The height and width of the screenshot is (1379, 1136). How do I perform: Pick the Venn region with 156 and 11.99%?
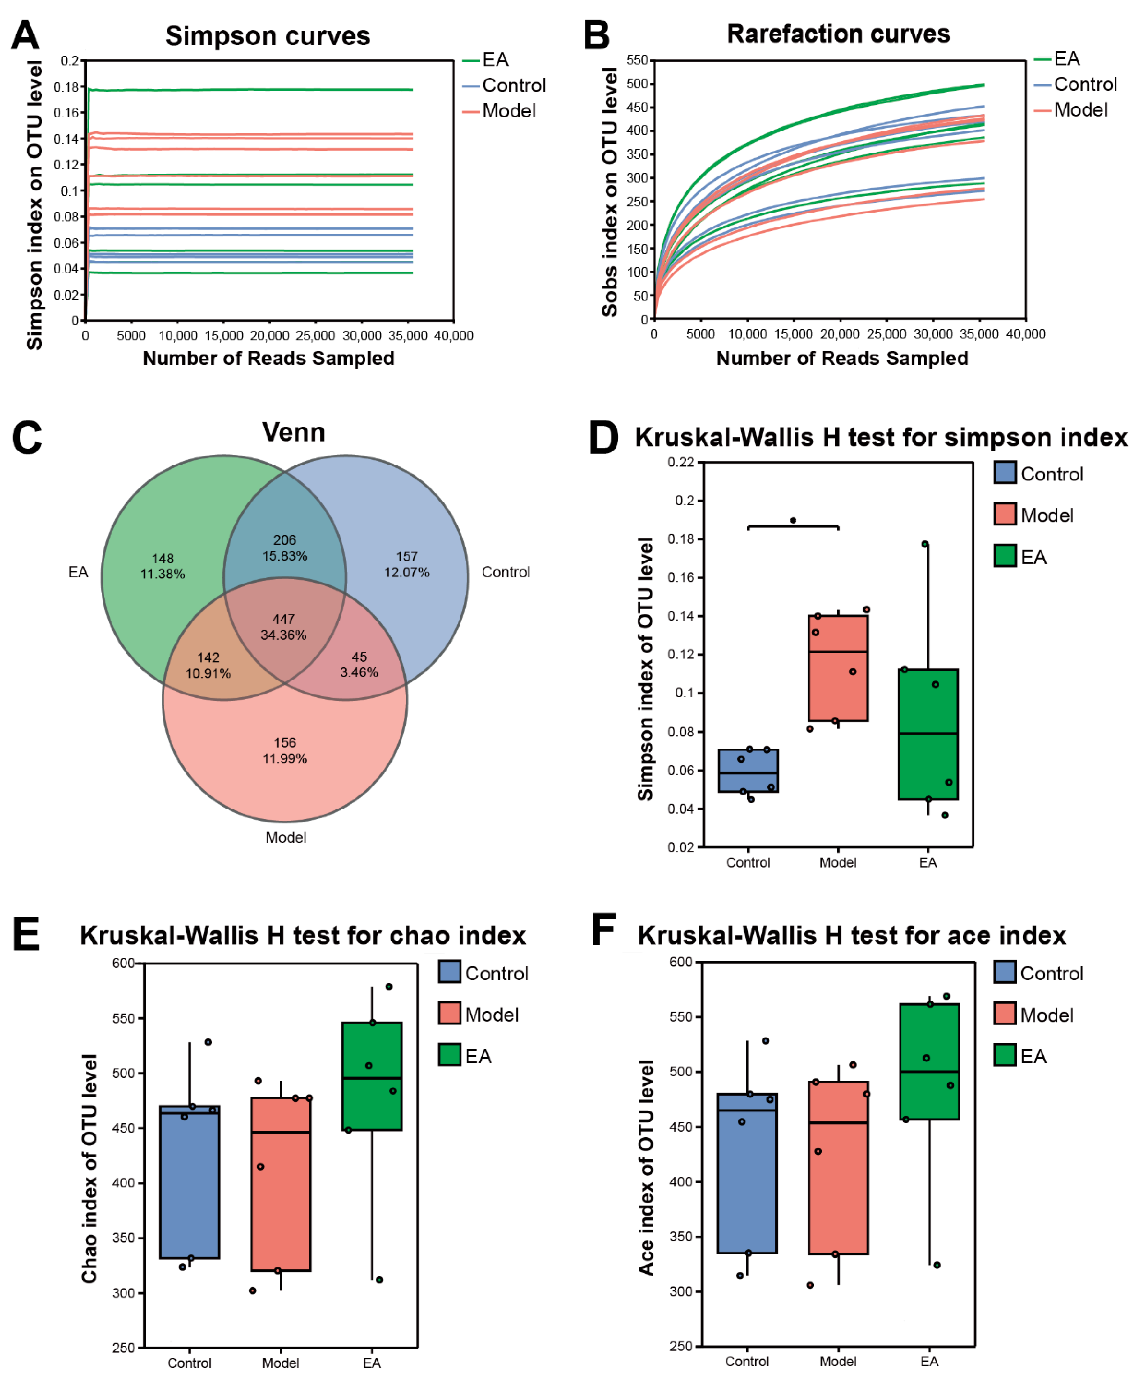(285, 750)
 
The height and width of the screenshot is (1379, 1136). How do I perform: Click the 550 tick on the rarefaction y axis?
(637, 60)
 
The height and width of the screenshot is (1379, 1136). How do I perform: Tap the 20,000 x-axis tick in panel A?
(269, 336)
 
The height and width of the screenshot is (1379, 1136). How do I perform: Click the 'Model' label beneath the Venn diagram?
(285, 837)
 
